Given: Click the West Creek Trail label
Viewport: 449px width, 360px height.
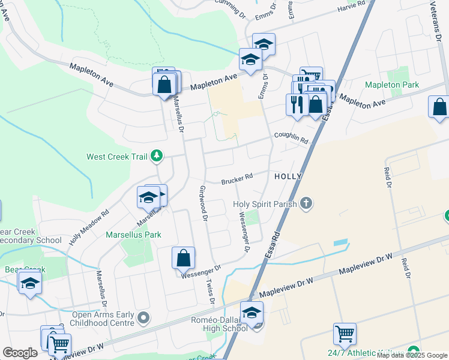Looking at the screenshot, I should click(x=116, y=157).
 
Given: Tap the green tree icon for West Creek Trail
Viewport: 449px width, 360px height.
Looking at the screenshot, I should click(x=157, y=157).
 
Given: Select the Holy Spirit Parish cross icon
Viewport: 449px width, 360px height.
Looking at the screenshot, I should click(x=306, y=203).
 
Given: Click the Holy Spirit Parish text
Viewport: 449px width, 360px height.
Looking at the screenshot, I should click(x=265, y=204).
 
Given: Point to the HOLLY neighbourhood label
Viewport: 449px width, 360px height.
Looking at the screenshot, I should click(x=288, y=177).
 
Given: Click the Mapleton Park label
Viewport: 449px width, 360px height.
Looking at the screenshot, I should click(x=392, y=85).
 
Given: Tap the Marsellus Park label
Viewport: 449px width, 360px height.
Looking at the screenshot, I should click(x=133, y=235).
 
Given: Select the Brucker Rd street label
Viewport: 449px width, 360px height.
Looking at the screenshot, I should click(x=237, y=179).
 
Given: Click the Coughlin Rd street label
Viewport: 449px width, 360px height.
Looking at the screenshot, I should click(x=291, y=138).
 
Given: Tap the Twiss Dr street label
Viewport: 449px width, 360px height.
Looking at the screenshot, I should click(x=209, y=293).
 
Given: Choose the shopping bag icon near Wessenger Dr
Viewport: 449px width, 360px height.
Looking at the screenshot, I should click(x=184, y=259).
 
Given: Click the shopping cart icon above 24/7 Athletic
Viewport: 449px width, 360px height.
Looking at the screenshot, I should click(x=345, y=334).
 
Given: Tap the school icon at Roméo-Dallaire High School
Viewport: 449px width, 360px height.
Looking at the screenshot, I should click(x=252, y=312).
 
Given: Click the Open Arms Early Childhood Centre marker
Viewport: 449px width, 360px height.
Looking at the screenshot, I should click(x=143, y=317).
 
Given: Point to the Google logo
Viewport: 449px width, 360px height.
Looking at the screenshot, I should click(x=20, y=353).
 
